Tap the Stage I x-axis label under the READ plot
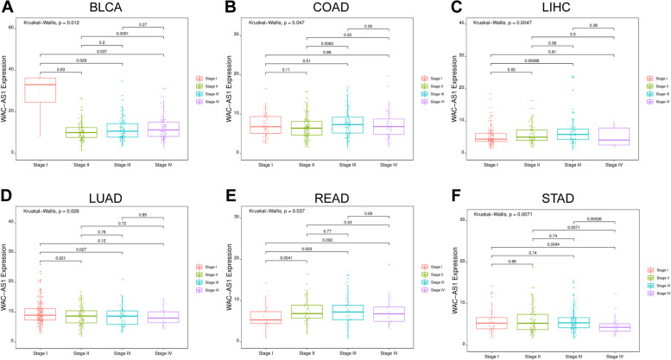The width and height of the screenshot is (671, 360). [x=268, y=353]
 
